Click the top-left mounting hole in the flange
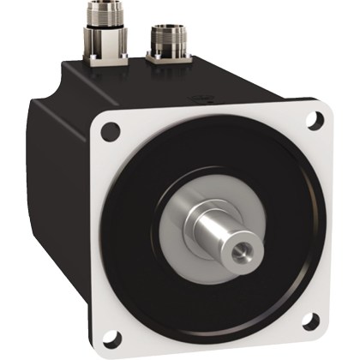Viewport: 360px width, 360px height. coord(110,132)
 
